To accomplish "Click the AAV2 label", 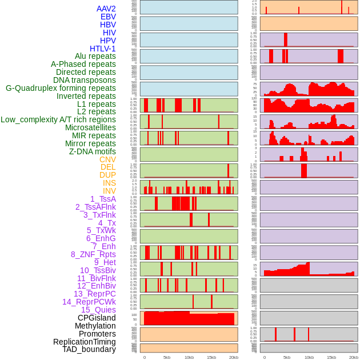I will pos(106,9).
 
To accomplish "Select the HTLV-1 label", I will pos(102,49).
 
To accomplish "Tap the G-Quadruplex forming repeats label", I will pos(61,88).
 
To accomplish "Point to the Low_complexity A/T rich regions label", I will pos(58,119).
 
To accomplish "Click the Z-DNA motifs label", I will pos(92,151).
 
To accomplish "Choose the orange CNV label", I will pos(107,159).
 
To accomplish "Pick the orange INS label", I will pos(109,183).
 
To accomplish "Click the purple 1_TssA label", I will pos(103,199).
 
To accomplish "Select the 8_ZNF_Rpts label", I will pos(93,254).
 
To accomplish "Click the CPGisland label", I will pos(97,318).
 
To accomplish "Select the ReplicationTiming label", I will pos(84,342).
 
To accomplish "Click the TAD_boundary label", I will pos(89,349).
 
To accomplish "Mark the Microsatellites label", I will pos(90,127).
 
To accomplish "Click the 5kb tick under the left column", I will pos(167,357).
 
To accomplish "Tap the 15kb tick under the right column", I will pos(331,357).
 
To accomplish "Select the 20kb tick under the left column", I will pos(234,357).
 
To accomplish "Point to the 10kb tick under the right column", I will pos(309,357).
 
